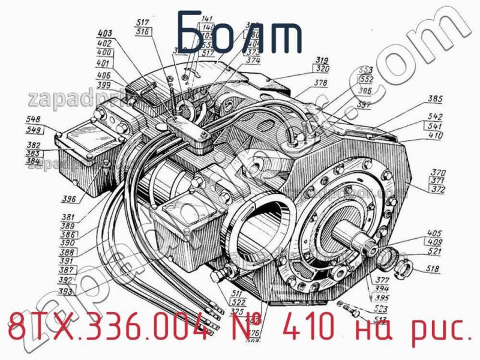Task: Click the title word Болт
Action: tap(240, 37)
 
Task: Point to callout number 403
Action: tap(106, 34)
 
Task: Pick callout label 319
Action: tap(323, 60)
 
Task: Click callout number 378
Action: tap(321, 83)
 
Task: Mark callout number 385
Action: tap(435, 99)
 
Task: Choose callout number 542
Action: tap(435, 118)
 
